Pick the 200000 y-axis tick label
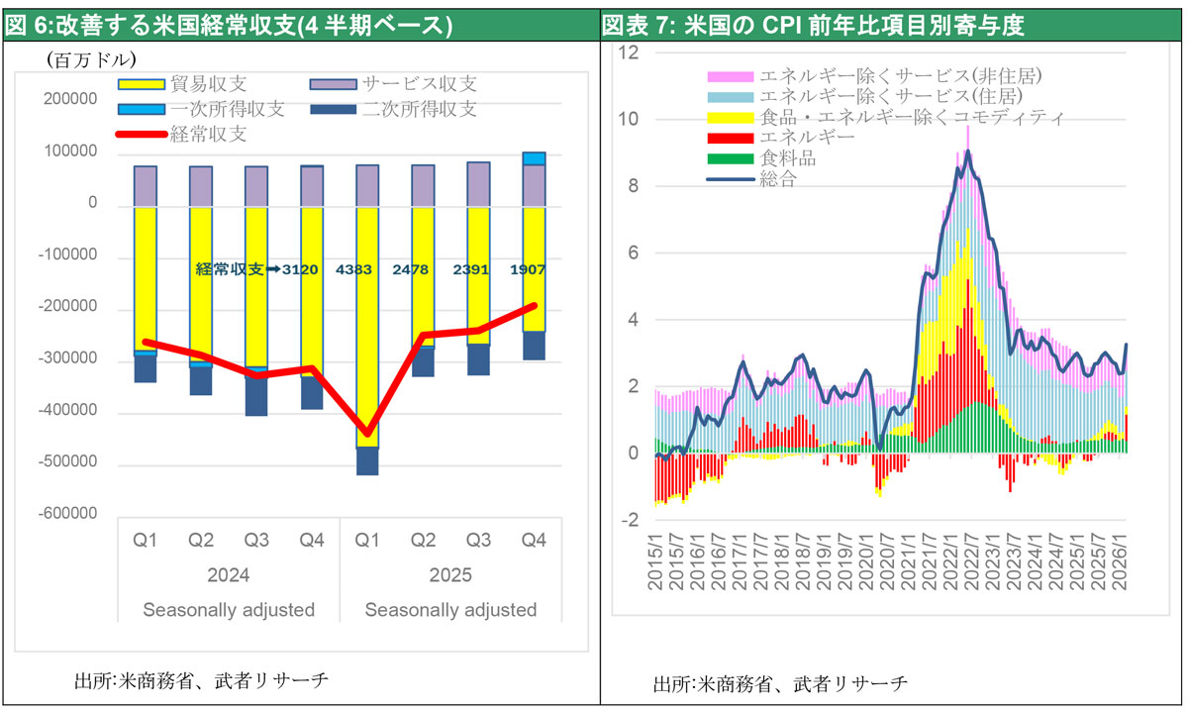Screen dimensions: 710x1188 68,101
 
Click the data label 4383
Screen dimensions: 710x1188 354,268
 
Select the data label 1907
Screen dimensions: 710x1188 526,268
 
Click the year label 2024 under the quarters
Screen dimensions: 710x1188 229,575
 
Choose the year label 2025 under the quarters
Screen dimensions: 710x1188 450,575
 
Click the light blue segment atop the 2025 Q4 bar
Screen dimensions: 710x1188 534,158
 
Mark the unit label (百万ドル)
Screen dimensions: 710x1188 90,60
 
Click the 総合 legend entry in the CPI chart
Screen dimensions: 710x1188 777,179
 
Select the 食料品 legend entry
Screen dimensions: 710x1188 788,158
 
